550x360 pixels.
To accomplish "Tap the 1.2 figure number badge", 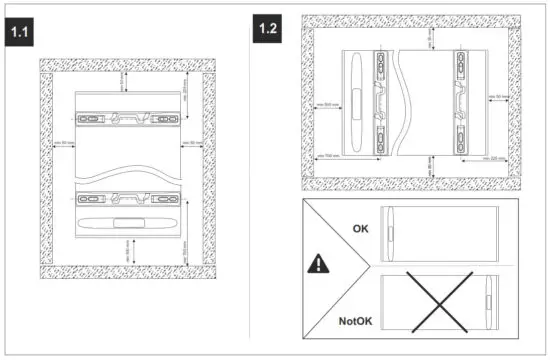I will click(268, 27).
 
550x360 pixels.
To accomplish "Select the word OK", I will click(361, 228).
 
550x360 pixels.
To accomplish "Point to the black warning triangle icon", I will click(317, 266).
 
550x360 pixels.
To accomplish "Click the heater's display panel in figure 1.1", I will click(127, 222).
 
